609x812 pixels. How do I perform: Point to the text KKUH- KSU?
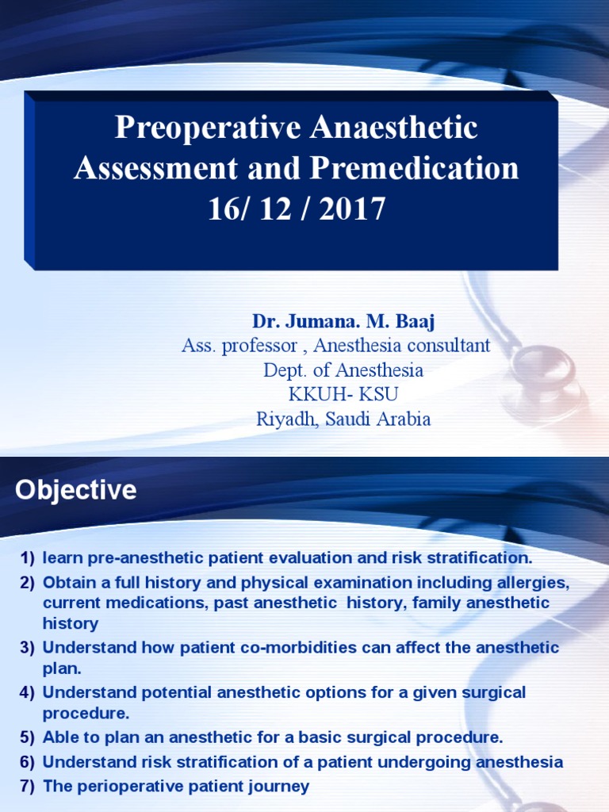[343, 395]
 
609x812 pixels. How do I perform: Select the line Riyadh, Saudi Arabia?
[343, 419]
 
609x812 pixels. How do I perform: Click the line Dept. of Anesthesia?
[343, 370]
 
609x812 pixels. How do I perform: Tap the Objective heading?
[76, 490]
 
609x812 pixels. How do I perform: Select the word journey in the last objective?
[282, 787]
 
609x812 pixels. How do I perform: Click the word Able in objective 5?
[59, 737]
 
